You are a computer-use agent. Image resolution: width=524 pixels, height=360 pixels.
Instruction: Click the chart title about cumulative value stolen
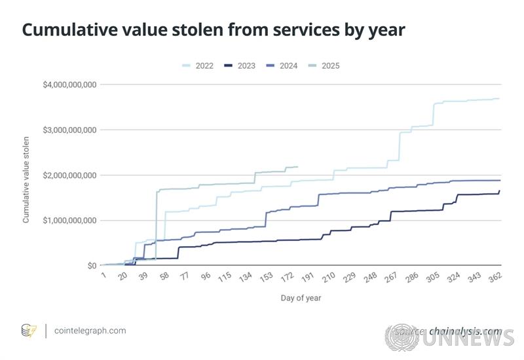pyautogui.click(x=214, y=30)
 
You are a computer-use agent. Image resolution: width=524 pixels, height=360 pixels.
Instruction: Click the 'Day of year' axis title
pyautogui.click(x=301, y=298)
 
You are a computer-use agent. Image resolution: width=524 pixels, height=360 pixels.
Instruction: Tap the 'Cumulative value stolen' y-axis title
pyautogui.click(x=27, y=179)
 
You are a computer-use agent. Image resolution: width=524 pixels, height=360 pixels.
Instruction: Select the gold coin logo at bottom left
pyautogui.click(x=29, y=331)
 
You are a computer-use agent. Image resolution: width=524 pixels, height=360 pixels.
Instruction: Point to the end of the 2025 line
pyautogui.click(x=297, y=167)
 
